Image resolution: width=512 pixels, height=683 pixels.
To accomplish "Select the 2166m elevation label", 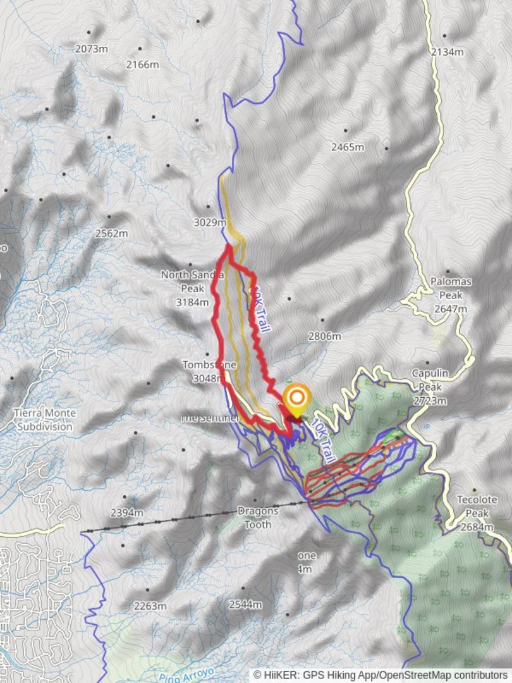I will pyautogui.click(x=142, y=65).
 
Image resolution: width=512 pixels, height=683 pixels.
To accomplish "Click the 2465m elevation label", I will pyautogui.click(x=348, y=147).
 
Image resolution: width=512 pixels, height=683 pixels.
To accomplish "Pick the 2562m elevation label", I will pyautogui.click(x=111, y=233).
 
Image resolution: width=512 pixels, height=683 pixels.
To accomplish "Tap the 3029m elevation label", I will pyautogui.click(x=210, y=223).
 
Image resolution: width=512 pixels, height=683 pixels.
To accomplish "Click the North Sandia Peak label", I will pyautogui.click(x=192, y=288).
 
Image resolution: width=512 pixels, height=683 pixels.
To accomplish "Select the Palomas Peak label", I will pyautogui.click(x=448, y=295).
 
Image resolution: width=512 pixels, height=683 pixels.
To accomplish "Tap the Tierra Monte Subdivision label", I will pyautogui.click(x=44, y=420).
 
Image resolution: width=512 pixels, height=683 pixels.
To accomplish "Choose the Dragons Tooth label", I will pyautogui.click(x=258, y=517).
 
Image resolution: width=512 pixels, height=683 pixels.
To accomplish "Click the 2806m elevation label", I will pyautogui.click(x=324, y=336).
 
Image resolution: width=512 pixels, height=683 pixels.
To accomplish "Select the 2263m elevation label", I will pyautogui.click(x=150, y=606).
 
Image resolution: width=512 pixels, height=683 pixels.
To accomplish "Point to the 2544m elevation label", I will pyautogui.click(x=245, y=604).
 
